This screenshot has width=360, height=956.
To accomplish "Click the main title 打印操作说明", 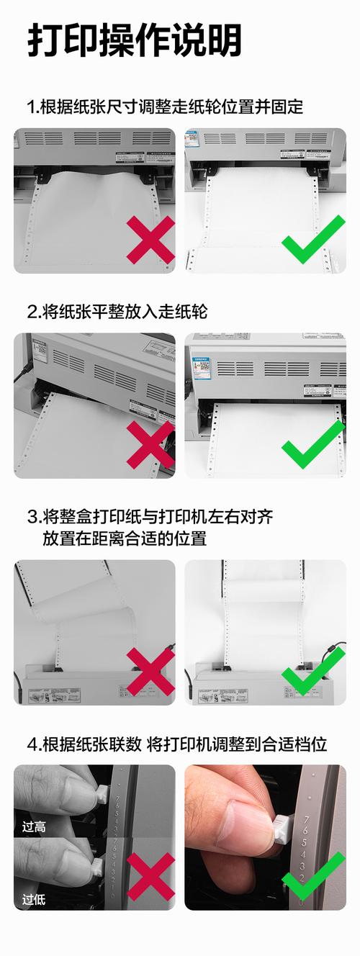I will [x=135, y=40].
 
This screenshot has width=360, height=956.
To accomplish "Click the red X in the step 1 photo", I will [x=150, y=239].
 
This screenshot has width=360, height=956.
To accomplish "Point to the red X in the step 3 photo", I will [x=150, y=671].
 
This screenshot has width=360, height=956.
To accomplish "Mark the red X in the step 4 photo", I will [x=150, y=876].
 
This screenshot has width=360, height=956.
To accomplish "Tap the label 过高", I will [x=34, y=827].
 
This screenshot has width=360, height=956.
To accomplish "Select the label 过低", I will [x=34, y=899].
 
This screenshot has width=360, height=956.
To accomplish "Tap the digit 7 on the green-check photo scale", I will [x=307, y=820].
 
